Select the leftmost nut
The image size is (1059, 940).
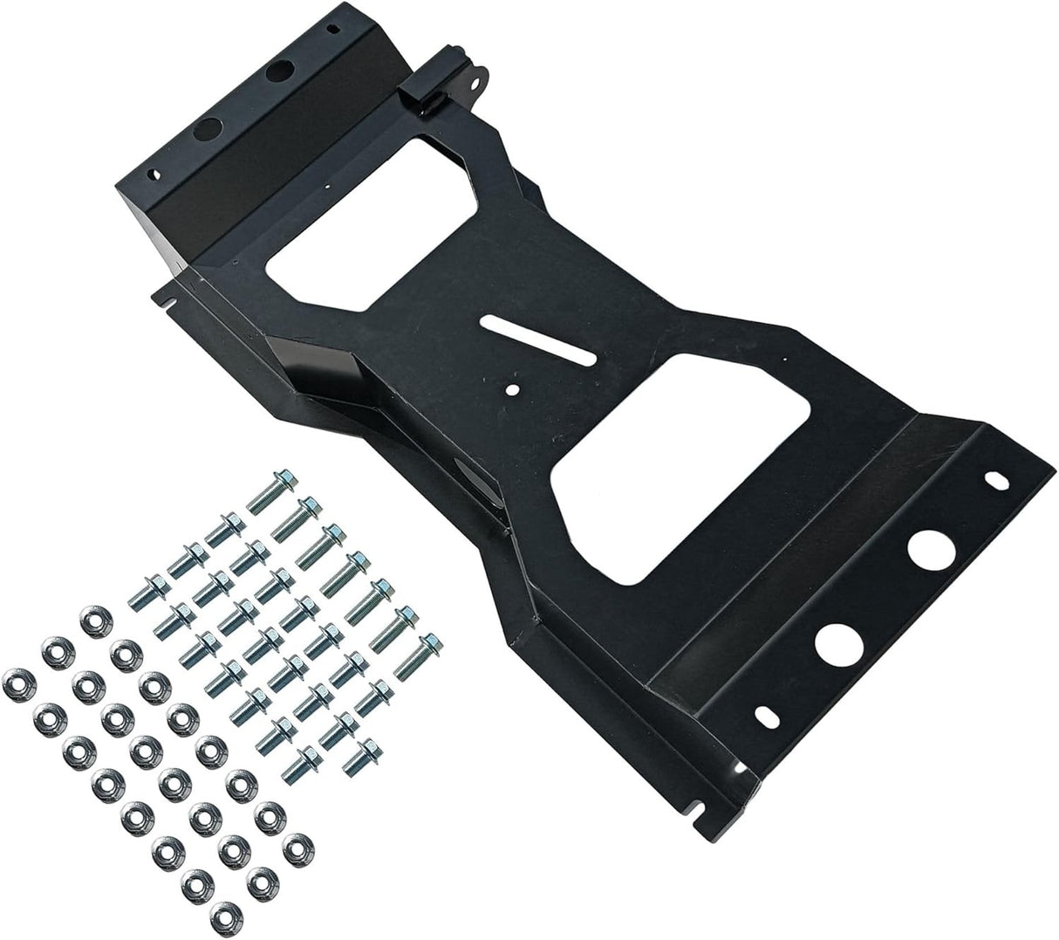pos(17,678)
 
